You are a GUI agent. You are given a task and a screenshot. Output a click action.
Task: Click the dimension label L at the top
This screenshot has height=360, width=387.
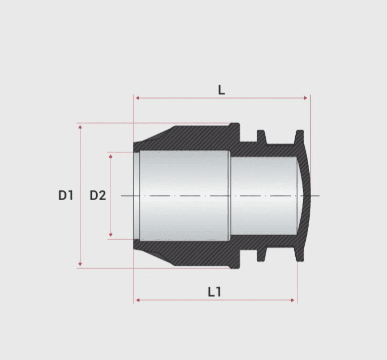click(221, 90)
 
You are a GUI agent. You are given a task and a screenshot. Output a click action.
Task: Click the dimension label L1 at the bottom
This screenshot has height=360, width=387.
click(214, 292)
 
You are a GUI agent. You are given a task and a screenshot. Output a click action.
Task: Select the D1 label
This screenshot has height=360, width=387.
click(66, 196)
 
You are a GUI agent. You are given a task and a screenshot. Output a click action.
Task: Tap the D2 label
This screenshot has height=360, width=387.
click(98, 196)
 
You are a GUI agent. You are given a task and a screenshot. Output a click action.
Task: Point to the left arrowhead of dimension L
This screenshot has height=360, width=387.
click(138, 98)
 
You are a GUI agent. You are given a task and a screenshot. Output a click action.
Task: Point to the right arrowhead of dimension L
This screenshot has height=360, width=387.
click(306, 98)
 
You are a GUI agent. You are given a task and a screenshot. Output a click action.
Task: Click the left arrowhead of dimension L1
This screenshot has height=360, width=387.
click(138, 300)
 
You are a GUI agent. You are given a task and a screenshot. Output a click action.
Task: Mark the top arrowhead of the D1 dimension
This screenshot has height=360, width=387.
click(80, 127)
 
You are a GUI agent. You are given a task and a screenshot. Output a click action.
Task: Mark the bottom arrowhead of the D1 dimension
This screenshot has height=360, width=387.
click(80, 264)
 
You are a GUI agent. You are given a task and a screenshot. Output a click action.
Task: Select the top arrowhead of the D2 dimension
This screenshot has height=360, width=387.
click(111, 156)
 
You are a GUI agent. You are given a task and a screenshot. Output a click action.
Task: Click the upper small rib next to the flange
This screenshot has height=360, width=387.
click(261, 136)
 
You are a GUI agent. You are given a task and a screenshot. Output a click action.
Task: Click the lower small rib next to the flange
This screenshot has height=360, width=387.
click(261, 255)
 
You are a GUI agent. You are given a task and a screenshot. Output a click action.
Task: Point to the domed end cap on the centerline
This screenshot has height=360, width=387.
click(306, 196)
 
